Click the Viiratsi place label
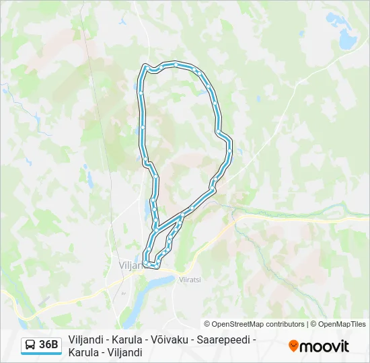[x=190, y=279]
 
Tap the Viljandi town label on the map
[x=130, y=266]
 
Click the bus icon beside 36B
[x=30, y=346]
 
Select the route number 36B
[x=49, y=346]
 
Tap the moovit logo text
[x=324, y=346]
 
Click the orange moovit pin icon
[x=293, y=346]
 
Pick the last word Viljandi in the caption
[x=124, y=352]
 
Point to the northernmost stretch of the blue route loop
[x=172, y=65]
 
